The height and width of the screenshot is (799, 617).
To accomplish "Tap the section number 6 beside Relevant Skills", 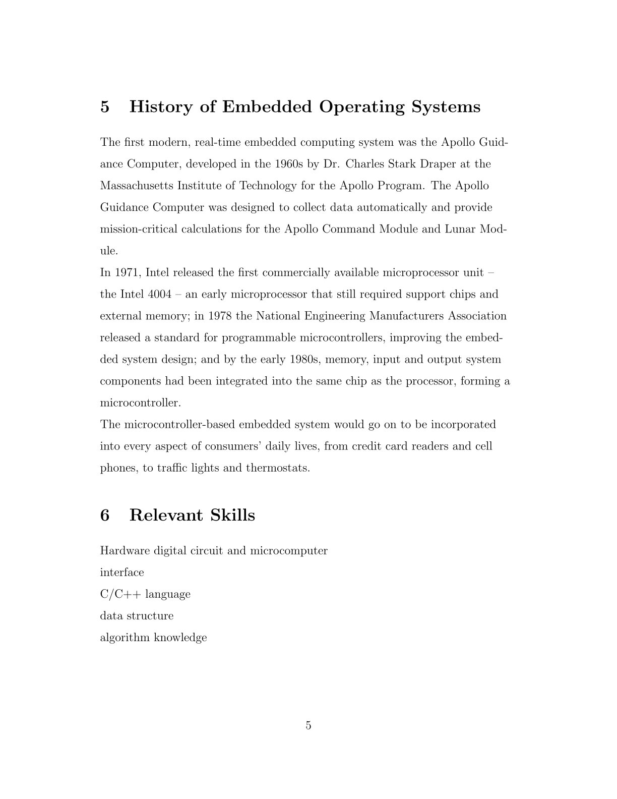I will pos(105,516).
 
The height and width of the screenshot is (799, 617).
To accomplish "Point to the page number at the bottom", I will pos(308,726).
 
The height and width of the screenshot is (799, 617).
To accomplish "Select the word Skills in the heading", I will pos(232,516).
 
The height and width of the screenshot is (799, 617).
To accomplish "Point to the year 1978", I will pos(220,316).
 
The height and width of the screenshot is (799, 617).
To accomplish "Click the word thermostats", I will pos(278,468).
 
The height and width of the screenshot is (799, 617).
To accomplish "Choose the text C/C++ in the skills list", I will pos(121,594).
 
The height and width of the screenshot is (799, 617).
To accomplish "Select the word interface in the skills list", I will pos(122,573).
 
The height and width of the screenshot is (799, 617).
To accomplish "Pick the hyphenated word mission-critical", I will pos(139,229).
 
